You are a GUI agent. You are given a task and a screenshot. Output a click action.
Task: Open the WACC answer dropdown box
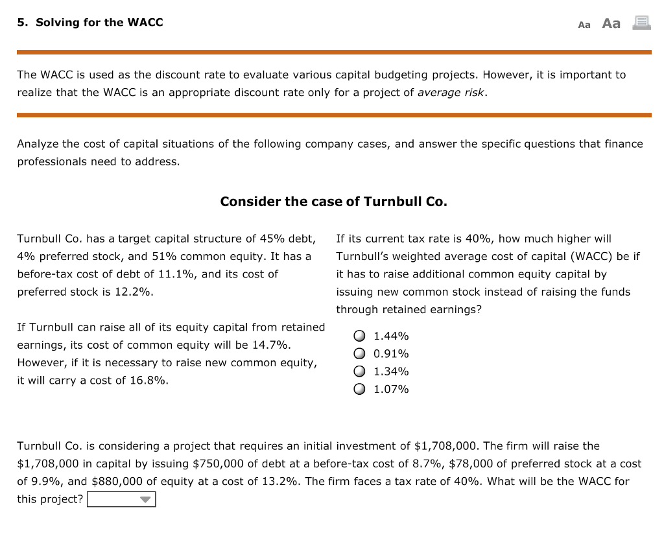(121, 499)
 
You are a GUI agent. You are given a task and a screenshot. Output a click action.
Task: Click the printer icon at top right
(641, 23)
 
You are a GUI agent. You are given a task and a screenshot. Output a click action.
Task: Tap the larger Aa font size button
(611, 23)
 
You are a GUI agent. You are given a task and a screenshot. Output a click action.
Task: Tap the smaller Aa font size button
(584, 25)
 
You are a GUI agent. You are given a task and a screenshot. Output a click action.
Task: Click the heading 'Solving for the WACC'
(90, 23)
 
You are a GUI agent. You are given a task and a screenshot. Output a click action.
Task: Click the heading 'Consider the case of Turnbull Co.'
(333, 202)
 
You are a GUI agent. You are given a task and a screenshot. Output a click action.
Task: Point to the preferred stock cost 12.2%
(134, 292)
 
